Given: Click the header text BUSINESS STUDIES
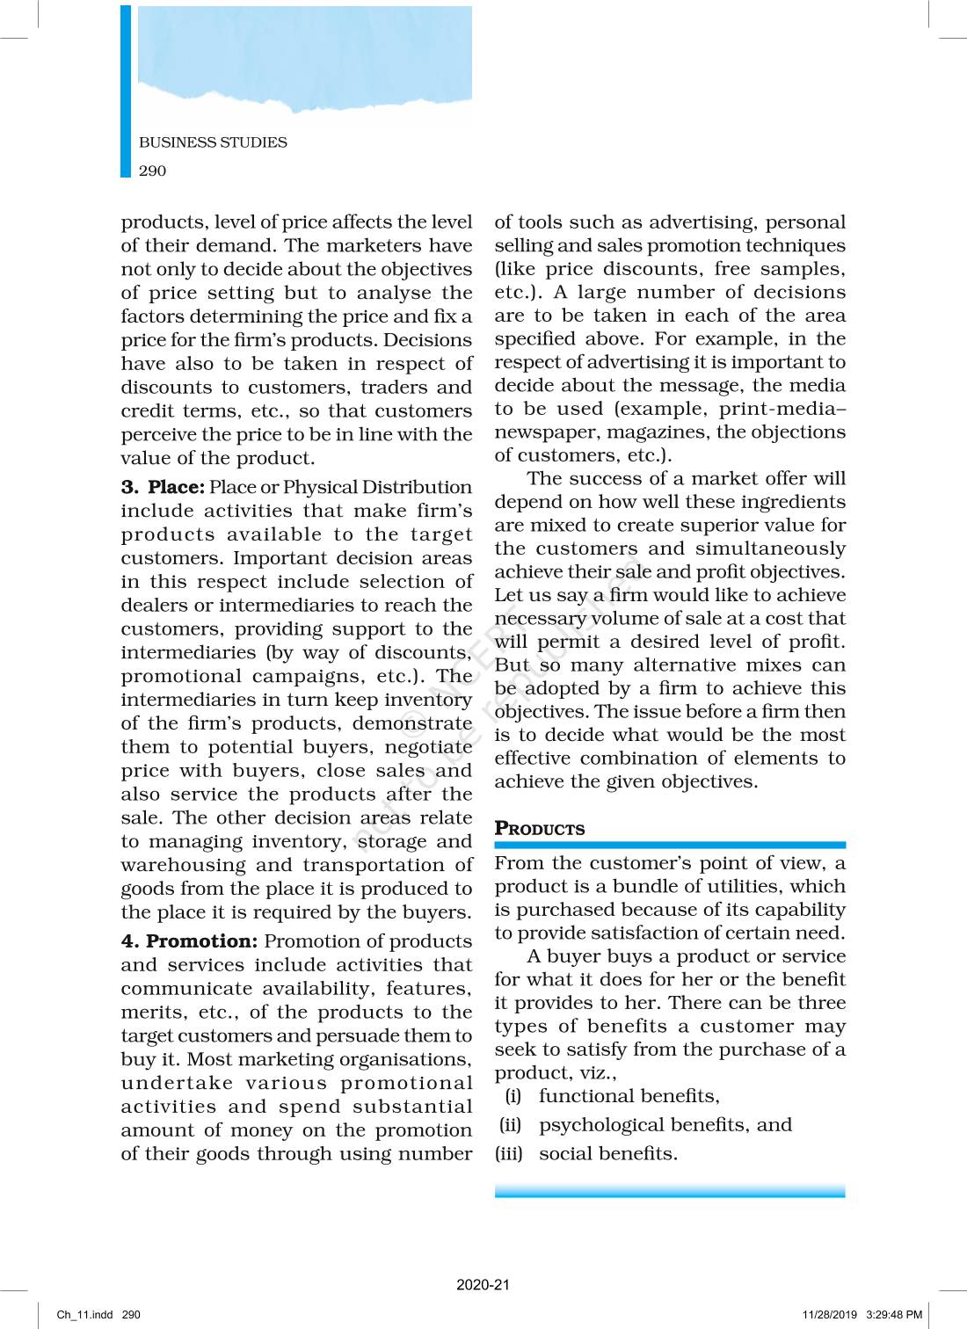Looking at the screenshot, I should click(213, 142).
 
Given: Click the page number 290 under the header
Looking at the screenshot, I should click(152, 171).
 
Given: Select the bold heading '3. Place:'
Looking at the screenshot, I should click(163, 487).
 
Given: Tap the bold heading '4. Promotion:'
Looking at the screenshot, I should click(189, 941).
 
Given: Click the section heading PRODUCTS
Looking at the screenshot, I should click(539, 829).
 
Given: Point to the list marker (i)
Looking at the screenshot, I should click(513, 1096).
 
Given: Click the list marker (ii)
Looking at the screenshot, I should click(511, 1125).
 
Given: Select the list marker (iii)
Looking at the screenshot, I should click(509, 1154).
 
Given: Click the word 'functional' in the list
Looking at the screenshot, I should click(581, 1096).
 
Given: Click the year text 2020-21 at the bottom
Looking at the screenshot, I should click(483, 1284).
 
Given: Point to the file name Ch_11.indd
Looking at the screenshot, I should click(84, 1315).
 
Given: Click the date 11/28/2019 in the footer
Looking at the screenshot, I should click(829, 1315).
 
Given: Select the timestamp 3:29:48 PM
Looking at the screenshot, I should click(894, 1315).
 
